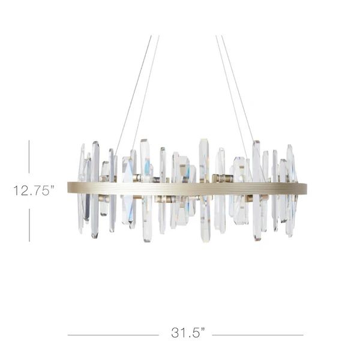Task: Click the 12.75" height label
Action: point(34,191)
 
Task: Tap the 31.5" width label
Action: point(188,332)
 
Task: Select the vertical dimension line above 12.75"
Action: point(29,157)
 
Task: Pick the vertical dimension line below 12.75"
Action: point(29,225)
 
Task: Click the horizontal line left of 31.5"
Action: point(113,335)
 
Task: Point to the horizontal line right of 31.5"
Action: point(257,335)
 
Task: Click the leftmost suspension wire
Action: point(133,95)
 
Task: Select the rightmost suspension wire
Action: point(238,88)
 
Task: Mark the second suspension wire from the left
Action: point(145,93)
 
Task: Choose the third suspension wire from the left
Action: point(232,97)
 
